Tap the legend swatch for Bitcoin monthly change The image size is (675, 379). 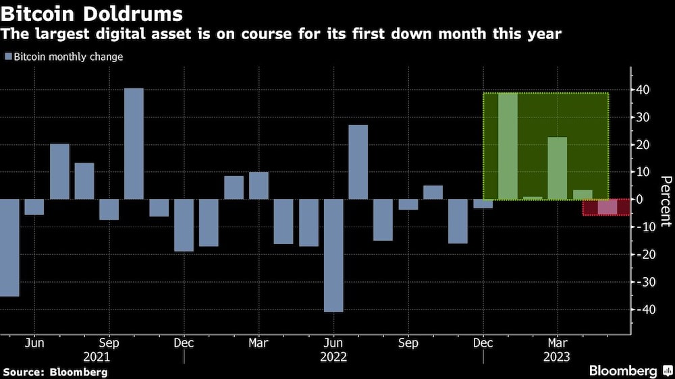click(8, 57)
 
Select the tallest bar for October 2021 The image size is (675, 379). click(134, 144)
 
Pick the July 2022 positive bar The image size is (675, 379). click(358, 162)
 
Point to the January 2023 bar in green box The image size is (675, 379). click(508, 146)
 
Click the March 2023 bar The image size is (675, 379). click(557, 168)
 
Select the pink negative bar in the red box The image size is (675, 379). click(607, 207)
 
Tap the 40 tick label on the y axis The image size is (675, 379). click(645, 90)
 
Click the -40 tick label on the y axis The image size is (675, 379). click(643, 310)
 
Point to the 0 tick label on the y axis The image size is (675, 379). click(647, 200)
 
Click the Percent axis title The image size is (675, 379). click(665, 200)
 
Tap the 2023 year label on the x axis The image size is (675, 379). click(557, 356)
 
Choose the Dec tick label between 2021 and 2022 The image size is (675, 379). click(184, 343)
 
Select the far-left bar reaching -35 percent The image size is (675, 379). click(9, 247)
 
